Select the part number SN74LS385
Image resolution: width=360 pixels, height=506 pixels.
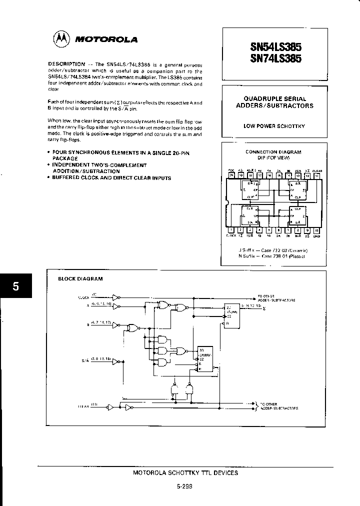coord(275,59)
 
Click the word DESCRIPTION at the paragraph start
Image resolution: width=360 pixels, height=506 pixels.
coord(66,64)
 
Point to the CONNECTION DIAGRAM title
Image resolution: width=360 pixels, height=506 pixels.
coord(273,151)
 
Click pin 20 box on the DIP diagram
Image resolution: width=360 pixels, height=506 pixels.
coord(231,175)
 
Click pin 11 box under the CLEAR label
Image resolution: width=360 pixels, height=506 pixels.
coord(316,175)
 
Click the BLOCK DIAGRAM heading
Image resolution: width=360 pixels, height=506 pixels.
coord(80,278)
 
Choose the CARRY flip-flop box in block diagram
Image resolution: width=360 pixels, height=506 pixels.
coord(205,358)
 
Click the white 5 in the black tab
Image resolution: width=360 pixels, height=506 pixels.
coord(15,286)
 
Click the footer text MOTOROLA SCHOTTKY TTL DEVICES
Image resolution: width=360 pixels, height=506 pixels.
coord(185,472)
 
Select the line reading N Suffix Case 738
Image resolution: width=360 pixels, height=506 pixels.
coord(271,256)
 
